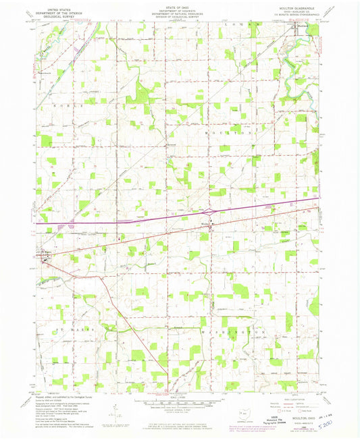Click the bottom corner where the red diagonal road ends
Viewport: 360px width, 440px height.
pos(168,391)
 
